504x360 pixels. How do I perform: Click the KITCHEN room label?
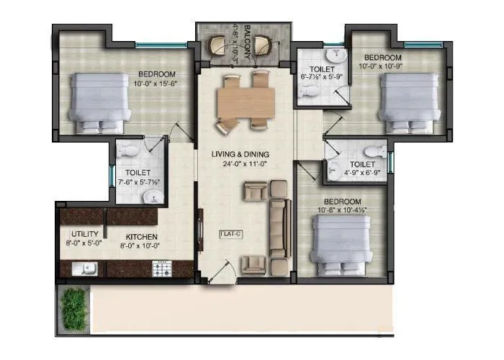142,237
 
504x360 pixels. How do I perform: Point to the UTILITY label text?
84,235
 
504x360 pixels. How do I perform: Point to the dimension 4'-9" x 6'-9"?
359,171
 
